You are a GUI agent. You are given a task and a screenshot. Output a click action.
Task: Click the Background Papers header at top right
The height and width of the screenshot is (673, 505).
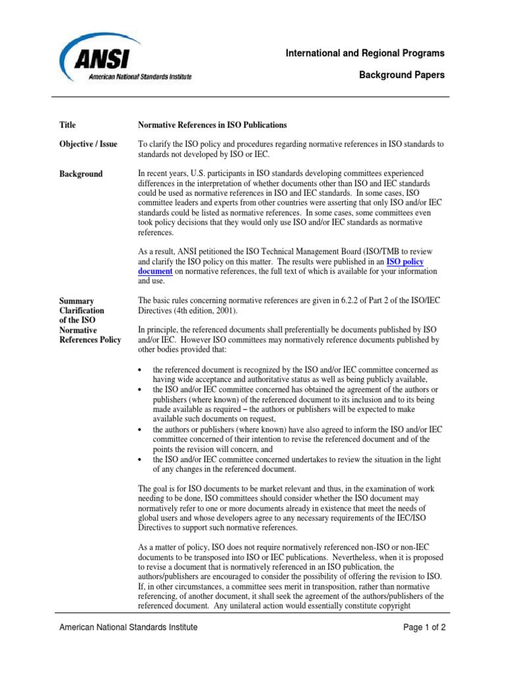pyautogui.click(x=401, y=75)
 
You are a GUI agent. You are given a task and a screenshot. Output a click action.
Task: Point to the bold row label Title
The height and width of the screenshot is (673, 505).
pyautogui.click(x=68, y=125)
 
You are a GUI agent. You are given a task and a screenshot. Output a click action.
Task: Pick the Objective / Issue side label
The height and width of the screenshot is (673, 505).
pyautogui.click(x=88, y=144)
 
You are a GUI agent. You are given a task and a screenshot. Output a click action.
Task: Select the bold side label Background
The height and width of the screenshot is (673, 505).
pyautogui.click(x=81, y=174)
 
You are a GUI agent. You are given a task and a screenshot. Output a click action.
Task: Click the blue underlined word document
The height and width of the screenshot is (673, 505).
pyautogui.click(x=155, y=271)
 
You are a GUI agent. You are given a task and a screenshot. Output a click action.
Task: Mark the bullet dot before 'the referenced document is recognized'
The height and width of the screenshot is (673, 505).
pyautogui.click(x=141, y=371)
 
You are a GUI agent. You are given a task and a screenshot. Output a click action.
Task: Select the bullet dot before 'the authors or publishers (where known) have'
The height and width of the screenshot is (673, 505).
pyautogui.click(x=141, y=429)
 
